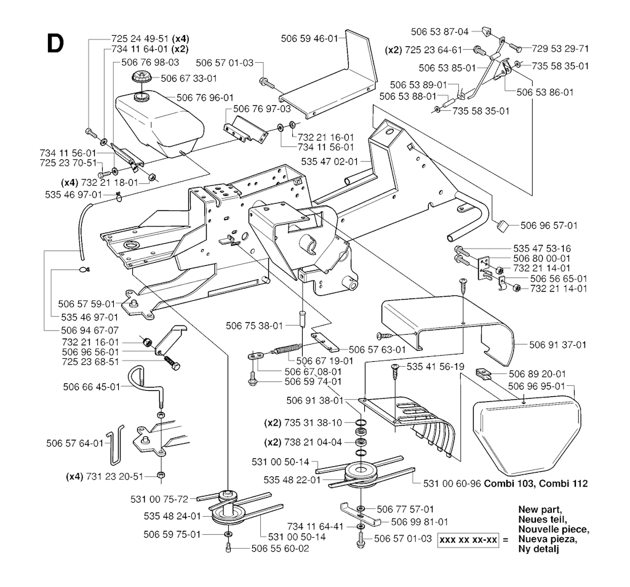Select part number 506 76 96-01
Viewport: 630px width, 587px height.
[205, 97]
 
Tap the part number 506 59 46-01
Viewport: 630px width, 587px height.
[311, 39]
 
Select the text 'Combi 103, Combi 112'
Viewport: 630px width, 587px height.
[536, 484]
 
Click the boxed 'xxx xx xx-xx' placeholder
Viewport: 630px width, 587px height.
[468, 540]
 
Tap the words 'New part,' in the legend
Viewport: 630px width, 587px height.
[540, 510]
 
